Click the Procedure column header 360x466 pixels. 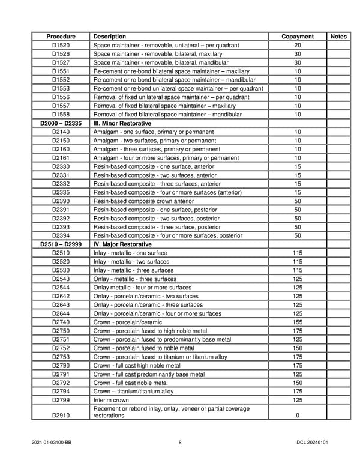[61, 37]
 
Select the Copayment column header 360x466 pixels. [298, 37]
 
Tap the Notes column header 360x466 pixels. [338, 37]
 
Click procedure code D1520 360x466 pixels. [61, 46]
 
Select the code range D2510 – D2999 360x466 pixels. [61, 245]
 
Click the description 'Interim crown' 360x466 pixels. [111, 400]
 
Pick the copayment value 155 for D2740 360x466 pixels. [298, 322]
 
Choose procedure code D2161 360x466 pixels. [61, 158]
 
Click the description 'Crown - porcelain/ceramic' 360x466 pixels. [128, 322]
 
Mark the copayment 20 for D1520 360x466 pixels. [298, 46]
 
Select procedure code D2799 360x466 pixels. [61, 400]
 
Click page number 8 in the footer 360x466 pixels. [180, 443]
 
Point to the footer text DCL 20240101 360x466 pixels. [312, 443]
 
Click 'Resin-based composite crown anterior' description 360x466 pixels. [143, 201]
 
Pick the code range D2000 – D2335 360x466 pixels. [61, 123]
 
